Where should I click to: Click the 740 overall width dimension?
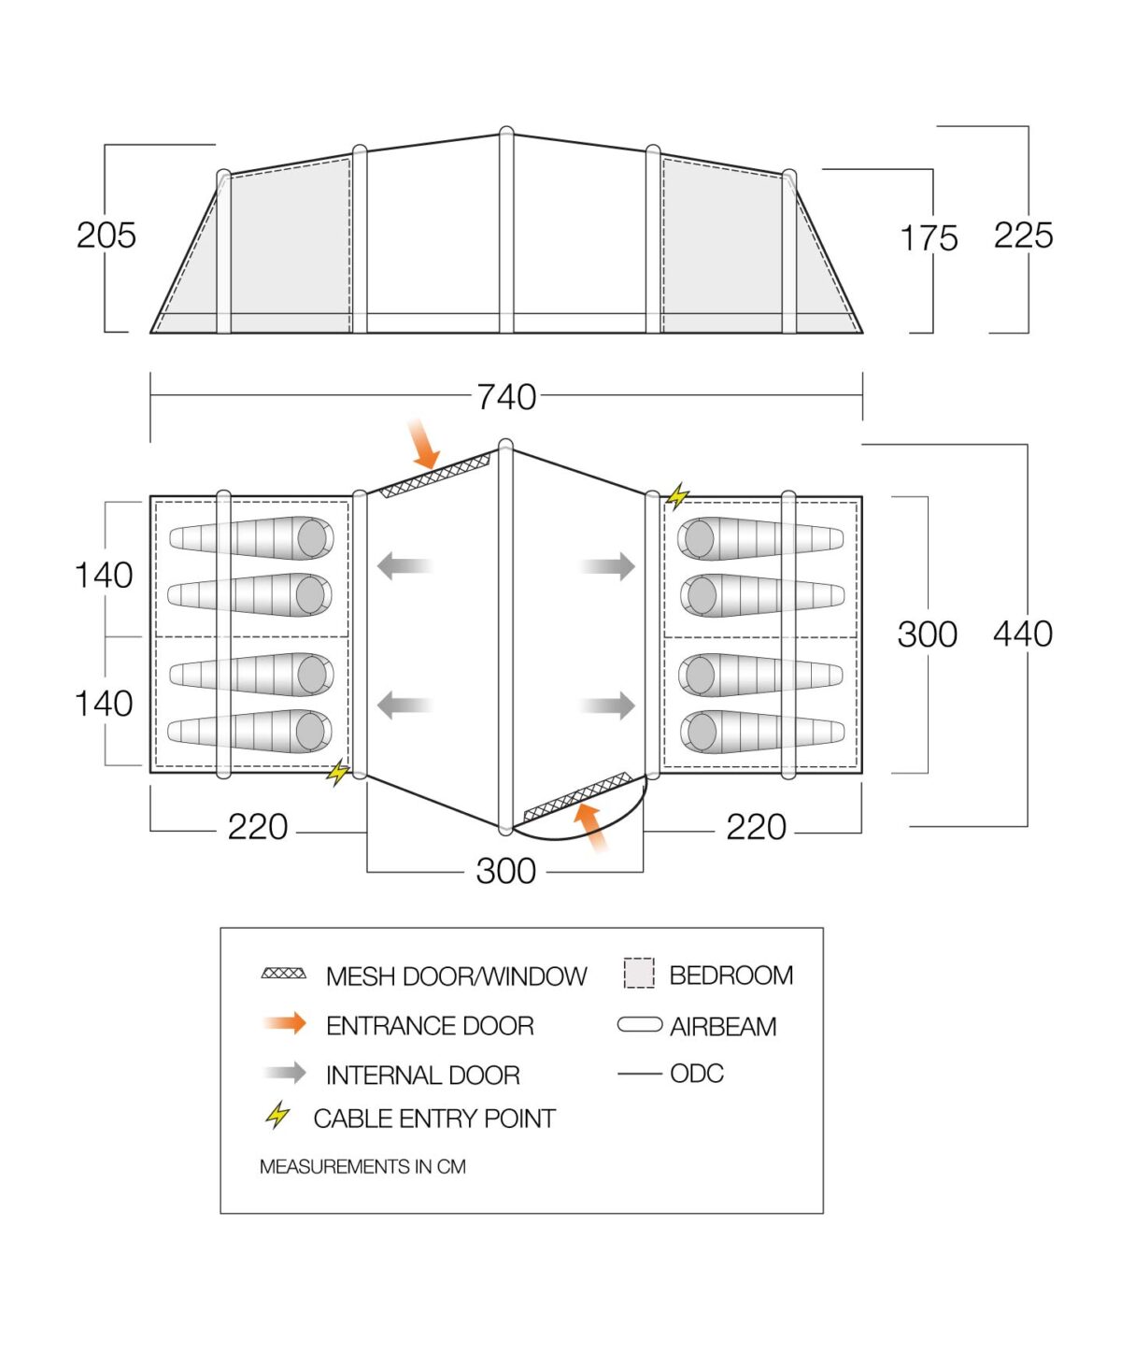tap(506, 397)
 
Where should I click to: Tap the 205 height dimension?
tap(106, 235)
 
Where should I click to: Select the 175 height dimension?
tap(929, 238)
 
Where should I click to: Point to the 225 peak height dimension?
tap(1023, 235)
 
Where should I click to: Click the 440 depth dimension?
tap(1023, 634)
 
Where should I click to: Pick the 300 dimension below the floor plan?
tap(505, 871)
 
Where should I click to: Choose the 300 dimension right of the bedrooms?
tap(927, 634)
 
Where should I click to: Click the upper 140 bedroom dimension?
tap(104, 576)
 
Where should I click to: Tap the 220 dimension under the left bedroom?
tap(257, 827)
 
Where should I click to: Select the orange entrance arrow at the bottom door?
tap(590, 827)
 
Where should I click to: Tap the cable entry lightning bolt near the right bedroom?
tap(677, 496)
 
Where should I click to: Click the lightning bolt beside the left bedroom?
tap(338, 773)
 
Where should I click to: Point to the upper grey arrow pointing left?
tap(404, 565)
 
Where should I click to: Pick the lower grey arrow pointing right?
tap(608, 705)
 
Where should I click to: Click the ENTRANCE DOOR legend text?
tap(430, 1026)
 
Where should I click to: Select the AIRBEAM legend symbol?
tap(640, 1025)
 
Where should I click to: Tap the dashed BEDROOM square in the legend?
tap(639, 974)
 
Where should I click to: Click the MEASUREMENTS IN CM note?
tap(362, 1167)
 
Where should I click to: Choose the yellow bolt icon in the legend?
tap(277, 1116)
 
